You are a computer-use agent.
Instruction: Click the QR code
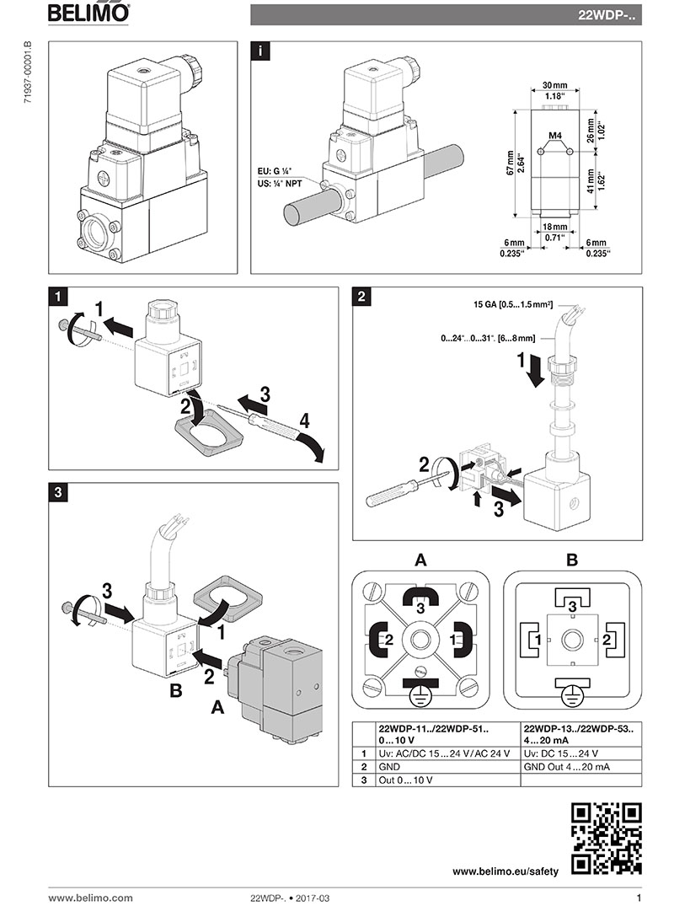coord(607,838)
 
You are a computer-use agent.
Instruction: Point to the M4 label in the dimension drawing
coord(555,135)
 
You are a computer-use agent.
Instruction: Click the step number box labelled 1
coord(57,296)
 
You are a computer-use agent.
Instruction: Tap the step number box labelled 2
coord(361,296)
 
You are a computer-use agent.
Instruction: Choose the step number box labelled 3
coord(57,491)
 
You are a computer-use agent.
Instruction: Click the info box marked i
coord(263,51)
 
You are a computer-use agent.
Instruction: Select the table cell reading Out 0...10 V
coord(406,780)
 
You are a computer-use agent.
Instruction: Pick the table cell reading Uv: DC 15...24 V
coord(561,753)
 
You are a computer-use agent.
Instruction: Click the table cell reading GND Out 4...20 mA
coord(564,766)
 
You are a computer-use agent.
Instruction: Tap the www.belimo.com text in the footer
coord(90,898)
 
